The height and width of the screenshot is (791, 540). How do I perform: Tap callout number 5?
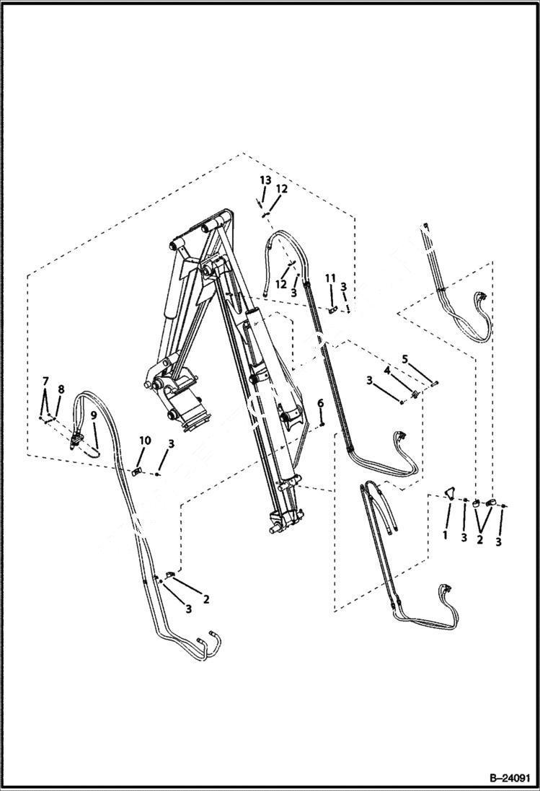404,358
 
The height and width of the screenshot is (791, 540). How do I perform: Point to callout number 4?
386,370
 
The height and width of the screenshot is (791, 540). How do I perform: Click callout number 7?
45,380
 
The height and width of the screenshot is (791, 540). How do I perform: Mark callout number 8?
61,389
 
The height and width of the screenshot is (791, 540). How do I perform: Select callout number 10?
145,440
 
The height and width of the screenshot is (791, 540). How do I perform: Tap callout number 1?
445,535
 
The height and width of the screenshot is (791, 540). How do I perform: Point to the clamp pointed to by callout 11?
333,310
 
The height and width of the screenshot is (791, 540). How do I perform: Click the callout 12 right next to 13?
282,189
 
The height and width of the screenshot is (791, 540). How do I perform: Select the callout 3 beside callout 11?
344,286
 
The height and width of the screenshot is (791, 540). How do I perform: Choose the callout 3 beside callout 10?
171,444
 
